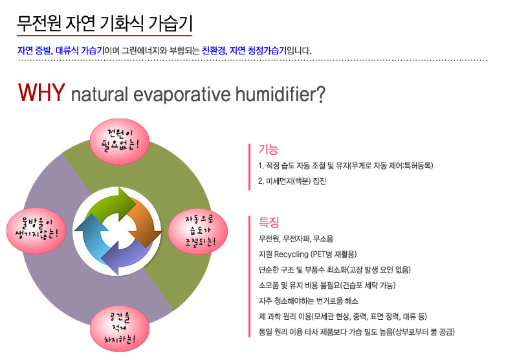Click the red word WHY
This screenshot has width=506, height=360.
41,93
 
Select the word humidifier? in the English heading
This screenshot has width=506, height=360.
280,95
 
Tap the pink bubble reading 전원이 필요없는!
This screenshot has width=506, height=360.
120,141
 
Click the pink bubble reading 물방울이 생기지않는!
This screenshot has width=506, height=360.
36,231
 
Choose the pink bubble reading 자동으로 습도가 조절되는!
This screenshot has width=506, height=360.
198,231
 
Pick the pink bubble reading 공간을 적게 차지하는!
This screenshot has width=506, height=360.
120,329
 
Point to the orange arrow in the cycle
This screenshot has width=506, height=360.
144,223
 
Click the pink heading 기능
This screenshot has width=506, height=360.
268,150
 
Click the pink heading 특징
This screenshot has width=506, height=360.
269,222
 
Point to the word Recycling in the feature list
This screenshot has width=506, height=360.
291,254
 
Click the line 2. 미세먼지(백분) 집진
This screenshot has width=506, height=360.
292,181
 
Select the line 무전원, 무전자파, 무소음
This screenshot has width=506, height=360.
296,239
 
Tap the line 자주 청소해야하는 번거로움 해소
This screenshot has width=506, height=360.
308,301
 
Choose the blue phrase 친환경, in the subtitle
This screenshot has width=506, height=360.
215,51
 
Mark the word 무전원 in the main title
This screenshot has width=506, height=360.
39,23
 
